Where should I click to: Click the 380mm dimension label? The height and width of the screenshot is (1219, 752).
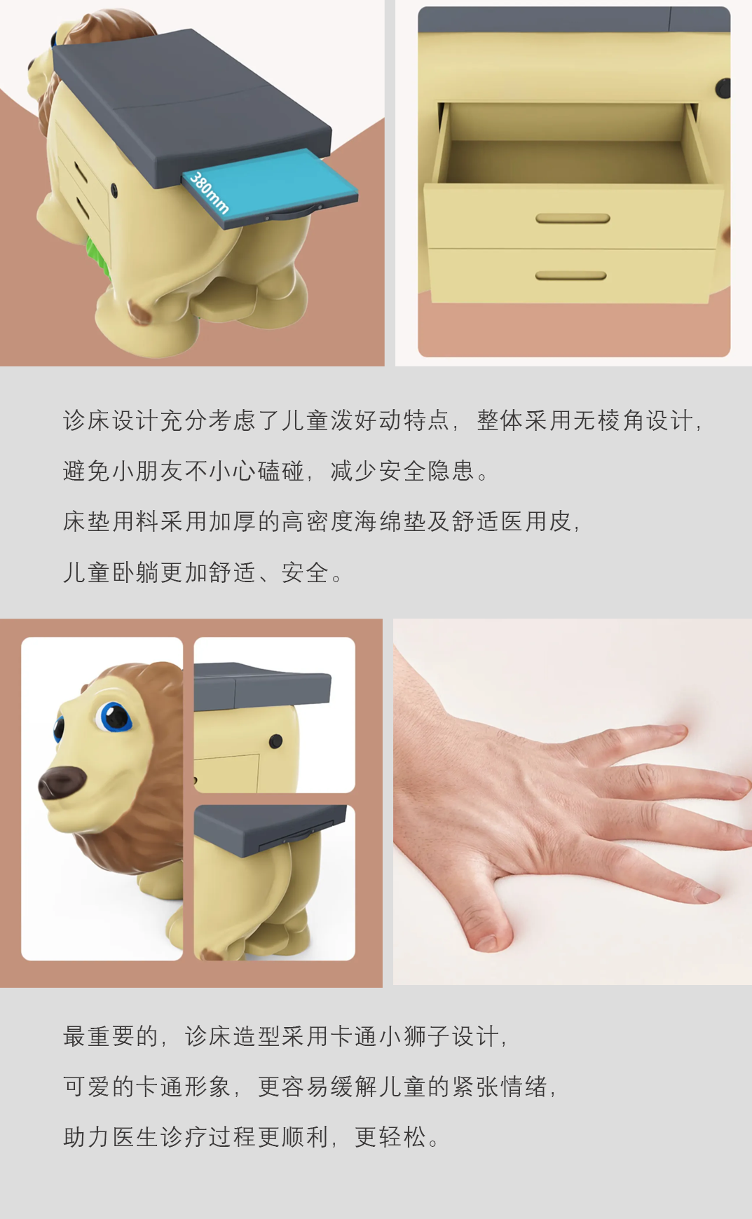click(209, 192)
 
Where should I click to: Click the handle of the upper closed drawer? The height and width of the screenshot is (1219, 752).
click(573, 219)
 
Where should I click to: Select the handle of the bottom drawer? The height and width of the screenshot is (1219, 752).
click(571, 276)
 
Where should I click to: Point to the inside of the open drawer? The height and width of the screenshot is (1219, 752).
click(566, 151)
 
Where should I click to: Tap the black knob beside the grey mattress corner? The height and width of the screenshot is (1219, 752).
click(276, 741)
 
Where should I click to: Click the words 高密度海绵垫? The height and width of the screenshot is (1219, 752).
click(353, 522)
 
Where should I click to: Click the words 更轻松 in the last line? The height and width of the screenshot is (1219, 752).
click(390, 1137)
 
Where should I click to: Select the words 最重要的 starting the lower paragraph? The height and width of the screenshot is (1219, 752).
click(111, 1036)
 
